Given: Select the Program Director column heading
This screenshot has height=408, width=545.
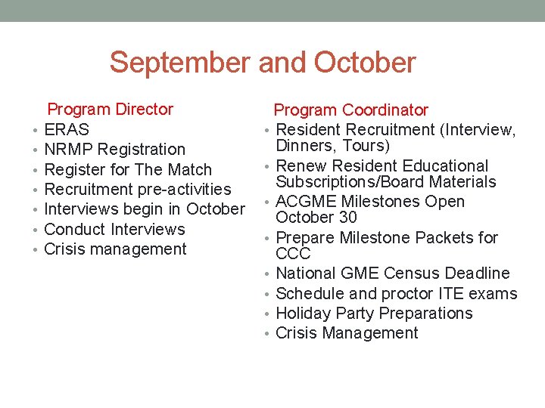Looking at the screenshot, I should (x=111, y=110).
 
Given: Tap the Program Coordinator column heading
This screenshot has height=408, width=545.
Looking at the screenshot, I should (x=350, y=110).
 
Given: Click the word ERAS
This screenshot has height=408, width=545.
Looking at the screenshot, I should (x=67, y=130).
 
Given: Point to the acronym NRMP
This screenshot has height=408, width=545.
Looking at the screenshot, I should (x=69, y=150).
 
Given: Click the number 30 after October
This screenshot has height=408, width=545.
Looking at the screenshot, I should (x=347, y=218).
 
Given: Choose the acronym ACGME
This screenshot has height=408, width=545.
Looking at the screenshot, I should (x=306, y=202).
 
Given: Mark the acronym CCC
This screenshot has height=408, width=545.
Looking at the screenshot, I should (x=293, y=254).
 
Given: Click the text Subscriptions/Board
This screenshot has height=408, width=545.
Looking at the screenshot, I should (x=353, y=182).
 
